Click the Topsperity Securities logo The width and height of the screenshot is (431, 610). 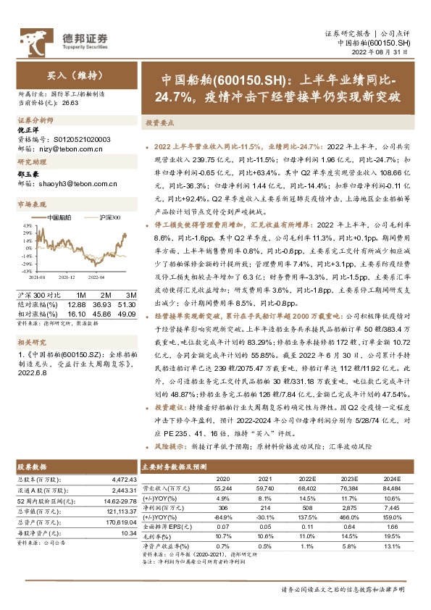coord(64,39)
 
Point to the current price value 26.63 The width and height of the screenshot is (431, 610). coord(70,104)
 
